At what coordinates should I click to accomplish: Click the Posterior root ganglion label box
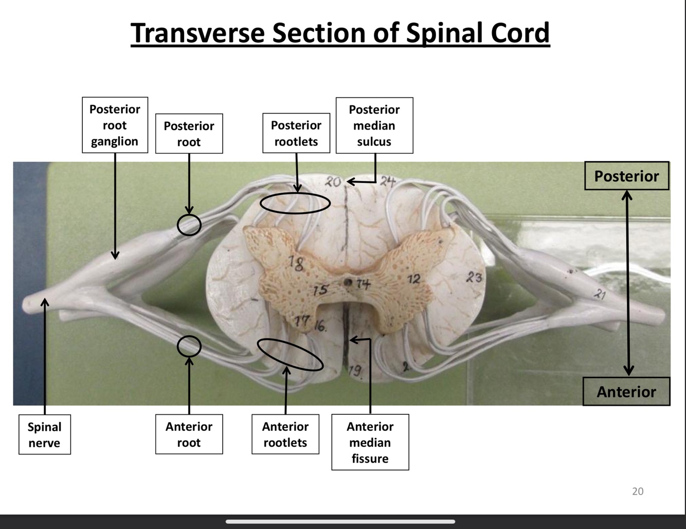tap(115, 125)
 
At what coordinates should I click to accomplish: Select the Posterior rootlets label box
tap(296, 133)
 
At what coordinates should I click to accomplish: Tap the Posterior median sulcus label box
tap(374, 125)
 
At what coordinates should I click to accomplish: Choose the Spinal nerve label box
tap(45, 434)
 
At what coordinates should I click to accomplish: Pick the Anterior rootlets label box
tap(285, 434)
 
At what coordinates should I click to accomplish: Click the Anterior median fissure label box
tap(370, 442)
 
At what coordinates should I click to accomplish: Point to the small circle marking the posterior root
tap(189, 225)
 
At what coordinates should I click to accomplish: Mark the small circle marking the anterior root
tap(189, 346)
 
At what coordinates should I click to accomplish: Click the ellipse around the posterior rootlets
tap(295, 203)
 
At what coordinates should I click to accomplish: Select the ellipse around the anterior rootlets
tap(290, 355)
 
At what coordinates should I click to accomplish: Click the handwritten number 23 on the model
tap(474, 278)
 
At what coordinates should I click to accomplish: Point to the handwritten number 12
tap(414, 279)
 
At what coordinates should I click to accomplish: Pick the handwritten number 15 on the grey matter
tap(320, 290)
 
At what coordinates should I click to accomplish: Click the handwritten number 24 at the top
tap(388, 181)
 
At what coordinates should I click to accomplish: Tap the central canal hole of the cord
tap(348, 282)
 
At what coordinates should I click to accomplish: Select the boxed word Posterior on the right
tap(626, 176)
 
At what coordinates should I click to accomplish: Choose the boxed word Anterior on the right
tap(626, 392)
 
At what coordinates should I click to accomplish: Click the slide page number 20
tap(638, 491)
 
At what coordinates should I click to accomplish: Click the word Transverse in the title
tap(198, 33)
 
